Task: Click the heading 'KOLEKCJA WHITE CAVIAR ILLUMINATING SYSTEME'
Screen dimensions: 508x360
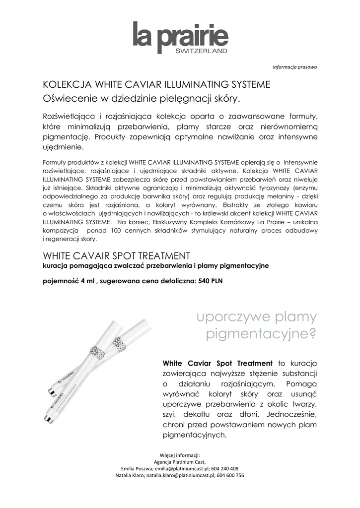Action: tap(157, 84)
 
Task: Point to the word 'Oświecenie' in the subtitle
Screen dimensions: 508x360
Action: tap(69, 98)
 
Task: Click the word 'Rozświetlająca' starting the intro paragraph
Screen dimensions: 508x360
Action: tap(71, 116)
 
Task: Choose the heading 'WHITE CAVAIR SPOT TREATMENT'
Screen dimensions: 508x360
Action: tap(117, 256)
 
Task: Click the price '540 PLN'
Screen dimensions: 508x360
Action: tap(211, 281)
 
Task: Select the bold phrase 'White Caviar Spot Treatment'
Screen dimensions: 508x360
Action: tap(217, 363)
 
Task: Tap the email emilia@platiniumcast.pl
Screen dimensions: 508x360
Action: tap(183, 468)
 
